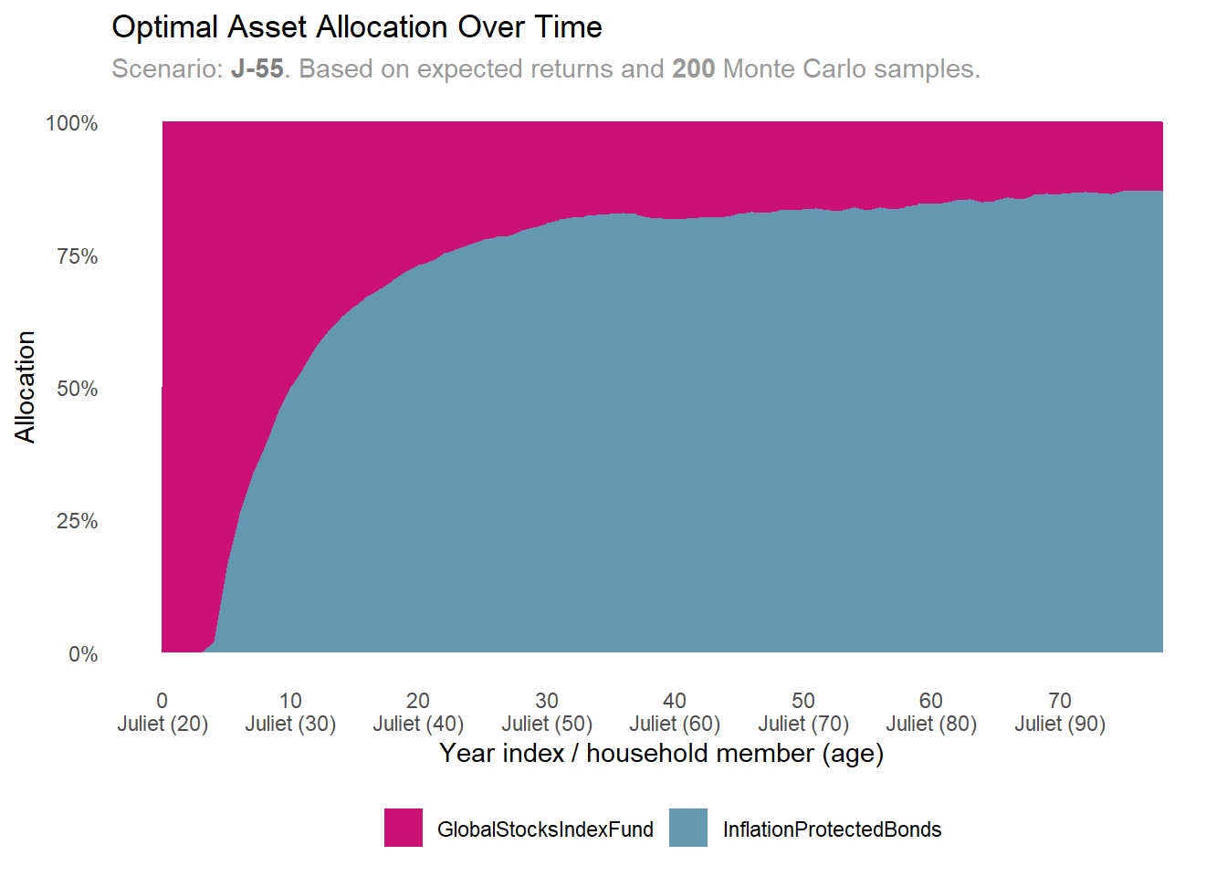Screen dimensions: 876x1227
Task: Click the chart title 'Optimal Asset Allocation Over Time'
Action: click(356, 27)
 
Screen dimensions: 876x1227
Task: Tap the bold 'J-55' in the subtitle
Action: click(257, 69)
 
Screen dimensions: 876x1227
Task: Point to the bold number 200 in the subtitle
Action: click(693, 69)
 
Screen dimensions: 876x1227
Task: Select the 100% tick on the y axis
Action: click(72, 123)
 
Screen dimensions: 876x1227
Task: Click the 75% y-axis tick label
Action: click(77, 256)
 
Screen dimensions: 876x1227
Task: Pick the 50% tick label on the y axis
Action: click(77, 389)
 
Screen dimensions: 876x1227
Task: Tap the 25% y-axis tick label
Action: click(77, 521)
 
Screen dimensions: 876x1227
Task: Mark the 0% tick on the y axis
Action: click(83, 654)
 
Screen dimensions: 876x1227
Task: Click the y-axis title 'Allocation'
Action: click(25, 387)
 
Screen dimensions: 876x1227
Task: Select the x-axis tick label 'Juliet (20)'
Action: click(163, 724)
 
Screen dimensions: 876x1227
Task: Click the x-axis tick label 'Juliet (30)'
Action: click(290, 724)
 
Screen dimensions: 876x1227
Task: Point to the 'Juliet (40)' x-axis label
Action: click(418, 724)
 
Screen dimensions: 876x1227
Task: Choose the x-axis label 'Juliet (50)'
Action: click(547, 724)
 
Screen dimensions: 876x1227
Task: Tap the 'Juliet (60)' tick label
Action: click(675, 724)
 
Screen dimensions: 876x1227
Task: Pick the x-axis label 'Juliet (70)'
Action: click(803, 724)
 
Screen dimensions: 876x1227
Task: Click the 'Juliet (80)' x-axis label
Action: click(931, 724)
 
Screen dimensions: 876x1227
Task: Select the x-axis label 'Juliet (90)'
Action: click(1060, 724)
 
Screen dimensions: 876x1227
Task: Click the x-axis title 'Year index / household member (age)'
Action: click(661, 754)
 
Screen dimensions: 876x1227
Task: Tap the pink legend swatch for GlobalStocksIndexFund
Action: click(404, 828)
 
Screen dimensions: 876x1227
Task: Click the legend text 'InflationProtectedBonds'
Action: click(832, 829)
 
